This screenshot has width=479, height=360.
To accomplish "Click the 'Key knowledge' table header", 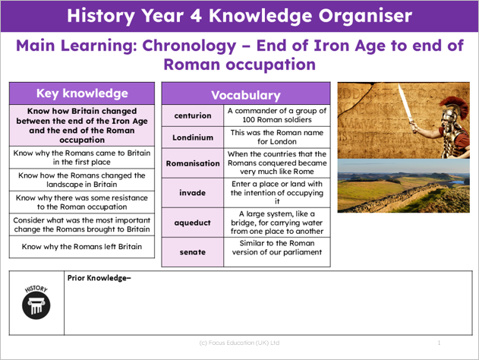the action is coord(82,93).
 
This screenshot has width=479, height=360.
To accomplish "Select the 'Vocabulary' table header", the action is coord(246,95).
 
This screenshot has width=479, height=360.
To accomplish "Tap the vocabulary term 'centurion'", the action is coord(193,115).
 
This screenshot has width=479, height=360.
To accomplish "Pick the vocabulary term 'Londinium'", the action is coord(193,137).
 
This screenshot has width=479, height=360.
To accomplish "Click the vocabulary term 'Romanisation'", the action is coord(193,163).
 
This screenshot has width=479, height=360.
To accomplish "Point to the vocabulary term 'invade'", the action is coord(193,193).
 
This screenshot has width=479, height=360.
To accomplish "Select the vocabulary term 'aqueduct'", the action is coord(193,223).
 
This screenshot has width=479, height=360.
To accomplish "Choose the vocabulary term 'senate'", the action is coord(193,252).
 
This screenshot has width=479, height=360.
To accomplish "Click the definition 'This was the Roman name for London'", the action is coord(277,137).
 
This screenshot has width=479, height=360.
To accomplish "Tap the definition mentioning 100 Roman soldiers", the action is coord(277,115).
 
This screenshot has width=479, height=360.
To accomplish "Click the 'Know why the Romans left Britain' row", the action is coord(82,247).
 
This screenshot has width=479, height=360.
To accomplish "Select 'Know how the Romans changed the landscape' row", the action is coord(82,180).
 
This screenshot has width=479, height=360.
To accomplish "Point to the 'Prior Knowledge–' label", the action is coord(99,278).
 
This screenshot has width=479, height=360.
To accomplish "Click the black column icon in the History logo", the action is coord(36,305).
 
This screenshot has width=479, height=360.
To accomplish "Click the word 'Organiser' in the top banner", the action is coord(365,16).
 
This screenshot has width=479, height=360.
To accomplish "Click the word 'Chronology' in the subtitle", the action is coord(189,46).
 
